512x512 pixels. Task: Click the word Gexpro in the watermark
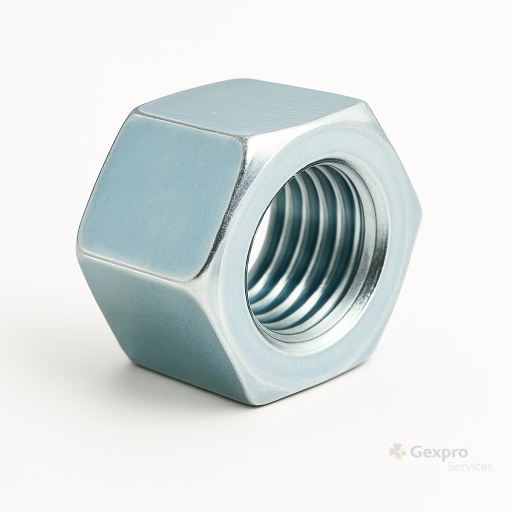(x=438, y=452)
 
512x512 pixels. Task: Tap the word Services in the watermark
(x=470, y=466)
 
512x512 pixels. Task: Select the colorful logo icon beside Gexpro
(x=397, y=451)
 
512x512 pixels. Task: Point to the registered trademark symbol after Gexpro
(x=468, y=447)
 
